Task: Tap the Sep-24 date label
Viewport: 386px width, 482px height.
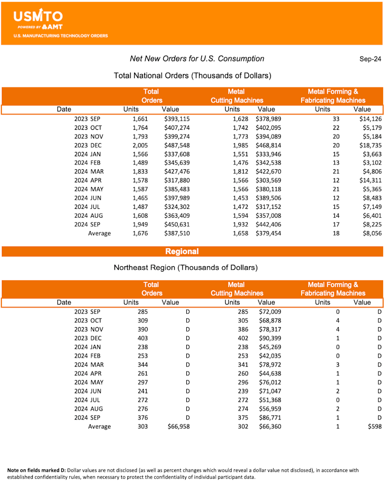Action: [370, 59]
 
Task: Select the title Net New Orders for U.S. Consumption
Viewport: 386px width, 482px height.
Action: [197, 59]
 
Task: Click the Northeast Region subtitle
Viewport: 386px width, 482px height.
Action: [185, 267]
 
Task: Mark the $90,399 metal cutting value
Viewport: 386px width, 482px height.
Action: [270, 338]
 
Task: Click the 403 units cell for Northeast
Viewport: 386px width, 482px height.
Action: [142, 338]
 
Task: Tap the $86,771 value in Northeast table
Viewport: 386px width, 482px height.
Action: [270, 417]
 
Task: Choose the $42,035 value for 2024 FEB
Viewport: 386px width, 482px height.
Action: [270, 356]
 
